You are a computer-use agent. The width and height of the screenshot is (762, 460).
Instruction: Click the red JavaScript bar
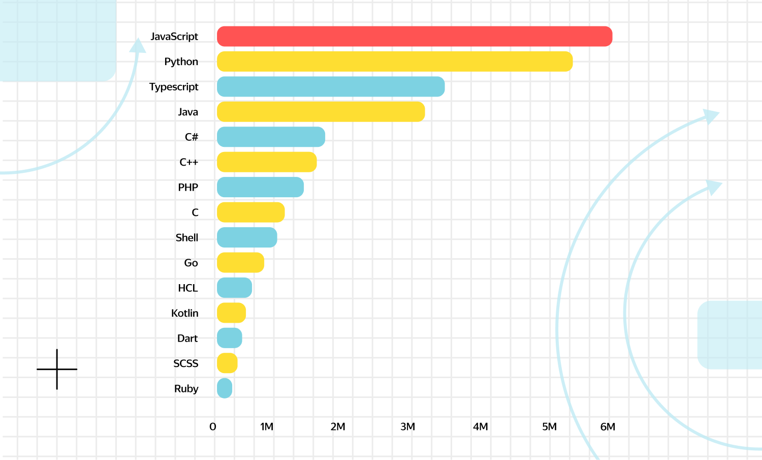(x=414, y=37)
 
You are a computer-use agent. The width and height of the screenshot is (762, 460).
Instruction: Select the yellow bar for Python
(x=395, y=62)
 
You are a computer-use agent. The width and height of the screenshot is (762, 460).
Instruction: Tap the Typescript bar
(x=331, y=87)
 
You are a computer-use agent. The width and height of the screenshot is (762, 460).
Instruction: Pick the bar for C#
(x=271, y=137)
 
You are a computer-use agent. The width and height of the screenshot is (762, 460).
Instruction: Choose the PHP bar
(x=260, y=188)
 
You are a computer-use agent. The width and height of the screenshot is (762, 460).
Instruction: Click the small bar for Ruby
(x=225, y=389)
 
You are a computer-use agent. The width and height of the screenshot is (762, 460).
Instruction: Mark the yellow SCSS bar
(x=227, y=363)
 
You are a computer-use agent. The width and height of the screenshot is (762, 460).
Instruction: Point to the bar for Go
(x=240, y=263)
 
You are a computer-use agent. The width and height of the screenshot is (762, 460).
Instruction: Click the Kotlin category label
(x=184, y=313)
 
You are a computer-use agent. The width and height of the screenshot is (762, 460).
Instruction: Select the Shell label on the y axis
(x=186, y=238)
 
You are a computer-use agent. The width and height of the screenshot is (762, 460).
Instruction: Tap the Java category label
(x=187, y=112)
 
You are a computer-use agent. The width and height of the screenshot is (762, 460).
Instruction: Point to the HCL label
(x=187, y=288)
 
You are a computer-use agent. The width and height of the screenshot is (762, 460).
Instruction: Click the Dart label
(x=187, y=339)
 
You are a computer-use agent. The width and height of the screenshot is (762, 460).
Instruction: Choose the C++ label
(x=188, y=163)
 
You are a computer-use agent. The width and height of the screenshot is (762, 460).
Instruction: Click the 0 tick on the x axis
(x=213, y=427)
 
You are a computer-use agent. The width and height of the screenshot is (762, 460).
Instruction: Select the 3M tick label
(x=407, y=427)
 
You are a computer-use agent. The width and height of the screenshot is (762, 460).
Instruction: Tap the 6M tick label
(x=608, y=427)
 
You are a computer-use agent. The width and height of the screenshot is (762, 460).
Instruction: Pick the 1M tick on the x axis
(x=267, y=427)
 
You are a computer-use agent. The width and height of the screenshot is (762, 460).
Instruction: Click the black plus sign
(x=57, y=369)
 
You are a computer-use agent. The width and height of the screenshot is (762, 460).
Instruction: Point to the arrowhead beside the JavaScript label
(x=137, y=46)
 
